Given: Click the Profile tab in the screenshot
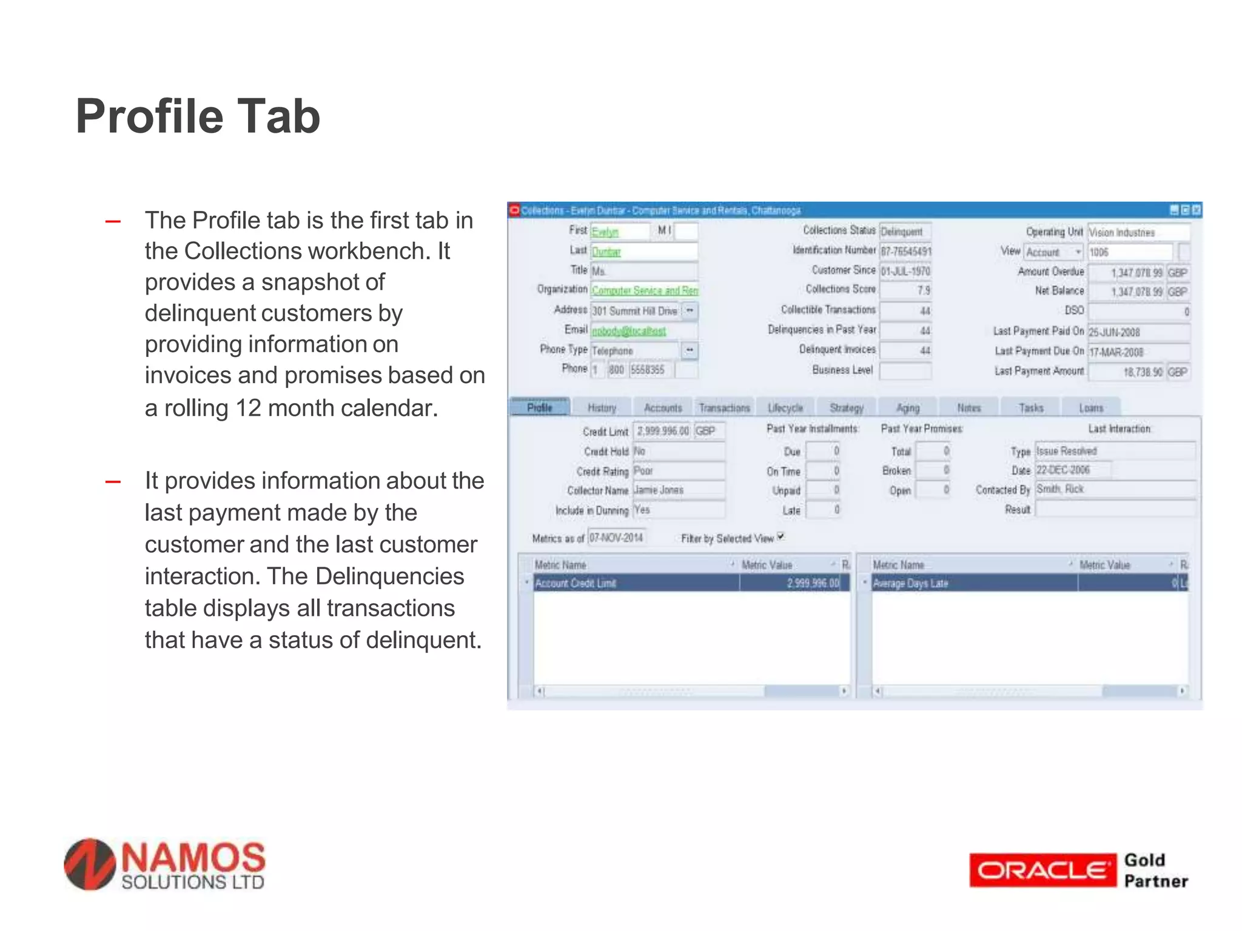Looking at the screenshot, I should pos(540,407).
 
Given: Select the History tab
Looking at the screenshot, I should pos(602,408).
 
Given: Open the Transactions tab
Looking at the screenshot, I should pos(724,408).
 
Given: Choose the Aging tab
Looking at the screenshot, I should pos(908,408).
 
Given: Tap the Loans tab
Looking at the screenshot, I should pos(1091,408).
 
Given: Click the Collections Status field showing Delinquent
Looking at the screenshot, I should pos(905,232).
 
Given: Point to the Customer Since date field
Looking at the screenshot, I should pos(905,271).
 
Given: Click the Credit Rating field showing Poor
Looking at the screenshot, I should pos(678,471).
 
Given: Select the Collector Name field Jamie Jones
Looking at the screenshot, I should pos(678,490).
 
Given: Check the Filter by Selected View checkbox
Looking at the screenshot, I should pos(781,536).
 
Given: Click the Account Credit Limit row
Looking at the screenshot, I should pos(691,583).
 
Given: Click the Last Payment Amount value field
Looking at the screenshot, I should pos(1126,372).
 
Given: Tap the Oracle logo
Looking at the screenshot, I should pos(1042,870).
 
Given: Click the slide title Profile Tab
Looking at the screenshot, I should pos(198,116).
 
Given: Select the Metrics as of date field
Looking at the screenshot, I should pos(616,538).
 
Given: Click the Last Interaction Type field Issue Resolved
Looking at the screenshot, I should pos(1115,451).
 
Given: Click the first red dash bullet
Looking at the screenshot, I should pos(113,222).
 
